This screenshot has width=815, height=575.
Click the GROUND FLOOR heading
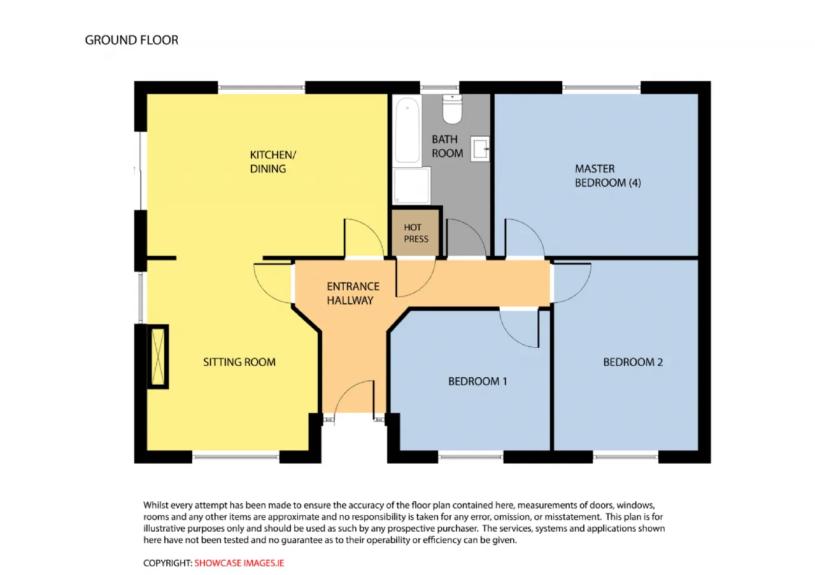tap(132, 40)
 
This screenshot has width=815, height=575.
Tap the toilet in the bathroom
tap(452, 109)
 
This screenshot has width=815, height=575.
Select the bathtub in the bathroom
tap(407, 131)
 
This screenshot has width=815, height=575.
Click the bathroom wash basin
tap(479, 149)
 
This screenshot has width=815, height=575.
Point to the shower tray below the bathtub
tap(411, 186)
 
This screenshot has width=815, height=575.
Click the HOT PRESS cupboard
tap(415, 233)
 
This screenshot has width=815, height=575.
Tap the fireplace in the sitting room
tap(158, 357)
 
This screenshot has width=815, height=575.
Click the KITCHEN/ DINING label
tap(273, 162)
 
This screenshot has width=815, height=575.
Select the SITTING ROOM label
tap(239, 362)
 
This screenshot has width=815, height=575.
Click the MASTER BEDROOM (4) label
tap(607, 176)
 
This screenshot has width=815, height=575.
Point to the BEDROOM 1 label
tap(478, 381)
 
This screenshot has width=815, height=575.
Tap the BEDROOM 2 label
tap(633, 362)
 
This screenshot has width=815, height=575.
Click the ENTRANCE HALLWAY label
tap(353, 293)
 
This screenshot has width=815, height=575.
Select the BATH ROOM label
tap(447, 146)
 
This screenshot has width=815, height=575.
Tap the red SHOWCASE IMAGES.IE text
tap(239, 563)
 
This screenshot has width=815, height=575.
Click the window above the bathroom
tap(439, 87)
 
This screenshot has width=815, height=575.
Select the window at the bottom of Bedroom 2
tap(625, 457)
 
